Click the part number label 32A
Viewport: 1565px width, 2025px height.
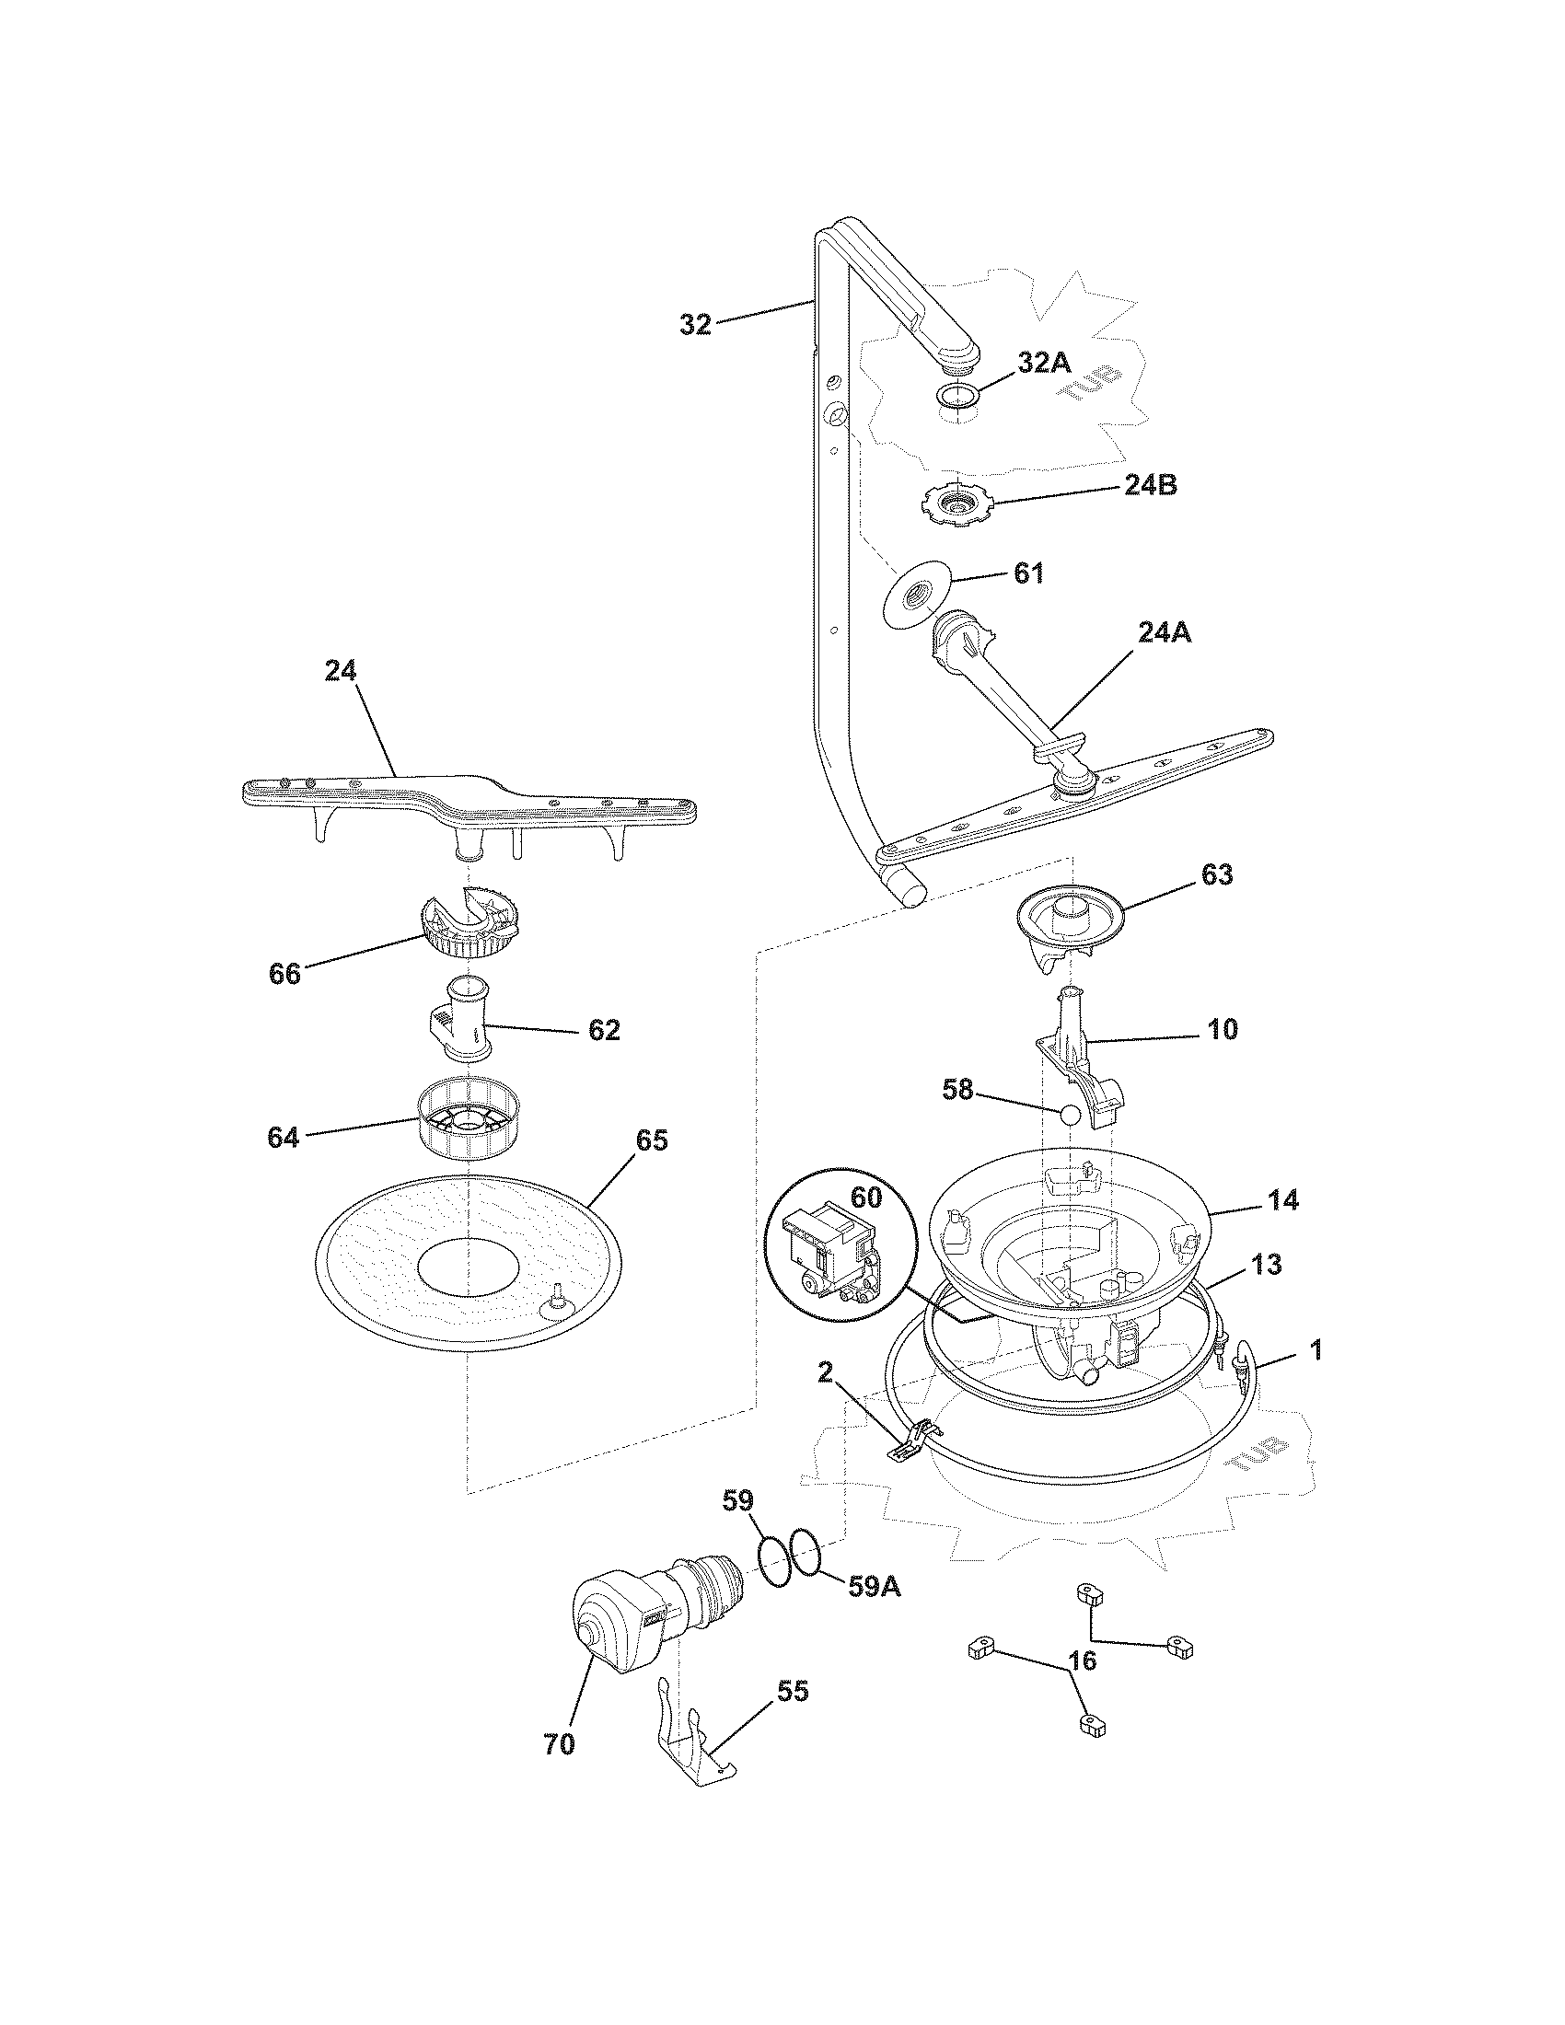pos(1044,364)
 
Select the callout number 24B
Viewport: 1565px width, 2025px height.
pos(1150,485)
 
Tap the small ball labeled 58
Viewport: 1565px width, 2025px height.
pos(1071,1115)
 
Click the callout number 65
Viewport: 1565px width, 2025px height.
pos(651,1140)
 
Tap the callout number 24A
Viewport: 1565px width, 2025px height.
pos(1164,632)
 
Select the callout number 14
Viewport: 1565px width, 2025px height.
pos(1284,1199)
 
